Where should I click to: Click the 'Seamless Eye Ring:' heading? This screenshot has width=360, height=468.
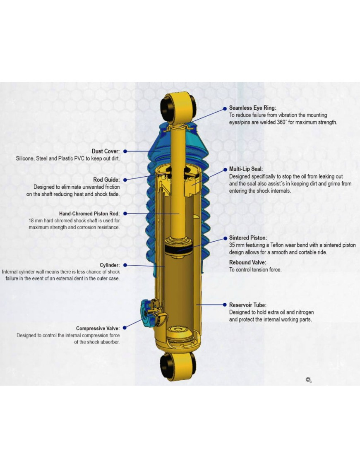coord(252,108)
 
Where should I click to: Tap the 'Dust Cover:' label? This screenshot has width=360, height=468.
coord(106,151)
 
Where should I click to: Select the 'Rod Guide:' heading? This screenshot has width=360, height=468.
coord(106,180)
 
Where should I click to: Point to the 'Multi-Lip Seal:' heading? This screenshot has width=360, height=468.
coord(246,169)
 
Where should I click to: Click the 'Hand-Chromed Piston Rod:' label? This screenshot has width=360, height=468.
coord(89,214)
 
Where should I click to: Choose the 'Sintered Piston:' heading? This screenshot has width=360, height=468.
coord(248,238)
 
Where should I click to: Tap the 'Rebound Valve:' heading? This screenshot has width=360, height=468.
coord(247,262)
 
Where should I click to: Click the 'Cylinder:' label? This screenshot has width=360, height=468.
coord(110,265)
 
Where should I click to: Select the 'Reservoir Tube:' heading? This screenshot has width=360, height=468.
coord(248,305)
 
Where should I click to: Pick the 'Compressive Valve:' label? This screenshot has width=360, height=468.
coord(98,328)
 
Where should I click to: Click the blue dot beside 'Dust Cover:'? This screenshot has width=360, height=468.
coord(125,151)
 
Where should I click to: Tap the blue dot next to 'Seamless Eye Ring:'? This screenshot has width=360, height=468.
coord(225,109)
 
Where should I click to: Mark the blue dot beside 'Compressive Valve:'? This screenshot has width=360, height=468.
coord(125,328)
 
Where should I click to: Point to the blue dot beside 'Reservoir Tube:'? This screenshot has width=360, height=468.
coord(225,305)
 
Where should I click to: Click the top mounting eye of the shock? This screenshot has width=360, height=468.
coord(178,108)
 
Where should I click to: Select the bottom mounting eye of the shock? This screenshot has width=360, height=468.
coord(178,366)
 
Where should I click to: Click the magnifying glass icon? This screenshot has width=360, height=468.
coord(309,380)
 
